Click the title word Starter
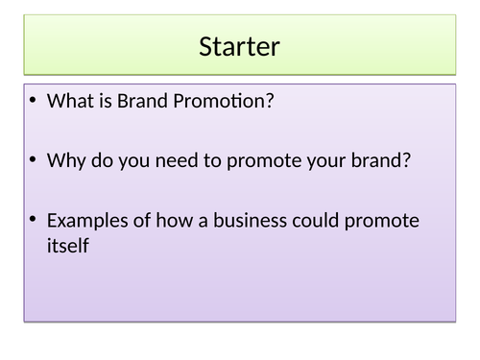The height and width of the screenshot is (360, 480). point(240,45)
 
